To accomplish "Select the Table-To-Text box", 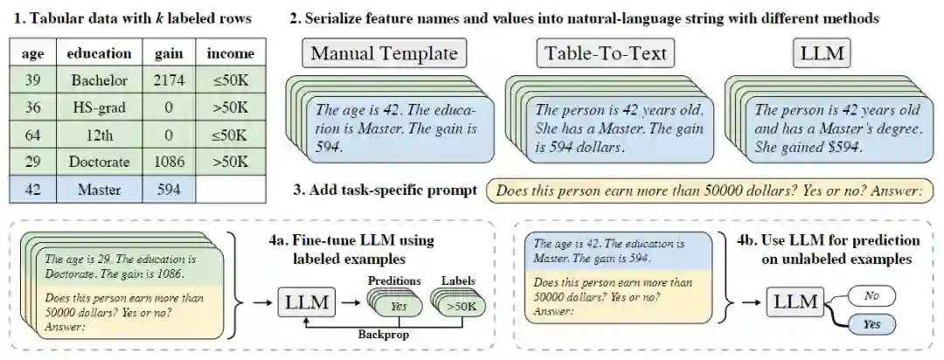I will [x=606, y=54].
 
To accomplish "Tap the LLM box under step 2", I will [x=823, y=54].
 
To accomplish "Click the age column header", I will [x=32, y=53].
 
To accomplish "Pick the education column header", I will [x=100, y=53].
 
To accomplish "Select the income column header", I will [x=231, y=53].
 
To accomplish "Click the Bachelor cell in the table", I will [x=100, y=80].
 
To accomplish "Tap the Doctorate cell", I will [x=100, y=162].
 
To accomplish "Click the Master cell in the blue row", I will [x=100, y=189].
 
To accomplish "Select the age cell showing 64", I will [x=32, y=135].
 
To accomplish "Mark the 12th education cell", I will [x=100, y=135].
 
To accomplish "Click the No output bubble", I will [x=871, y=296].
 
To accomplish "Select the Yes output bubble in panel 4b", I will [x=871, y=324].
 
